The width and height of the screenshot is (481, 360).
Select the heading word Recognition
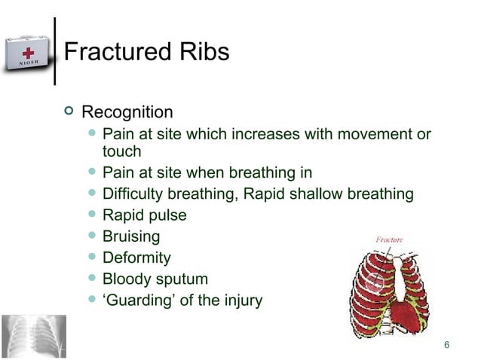(x=127, y=113)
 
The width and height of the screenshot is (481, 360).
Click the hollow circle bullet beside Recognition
(x=70, y=112)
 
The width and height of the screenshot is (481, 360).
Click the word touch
(x=121, y=151)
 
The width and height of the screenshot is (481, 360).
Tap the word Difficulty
(x=132, y=194)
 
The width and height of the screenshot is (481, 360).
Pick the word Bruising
(x=131, y=236)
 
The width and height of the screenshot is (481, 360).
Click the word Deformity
(x=136, y=258)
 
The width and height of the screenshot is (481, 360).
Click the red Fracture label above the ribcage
(x=389, y=239)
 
